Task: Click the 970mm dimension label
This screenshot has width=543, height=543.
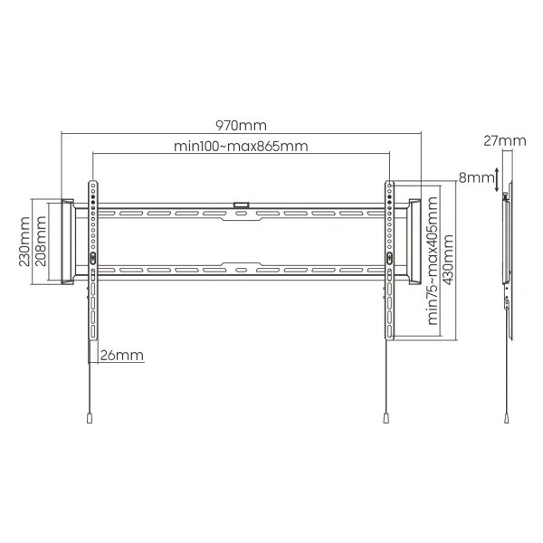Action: (x=241, y=126)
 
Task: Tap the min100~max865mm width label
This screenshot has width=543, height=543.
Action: (x=241, y=146)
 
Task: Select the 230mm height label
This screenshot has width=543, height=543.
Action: (x=24, y=242)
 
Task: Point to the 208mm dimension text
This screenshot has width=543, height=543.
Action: (x=41, y=241)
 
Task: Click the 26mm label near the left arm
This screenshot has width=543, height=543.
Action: (x=122, y=356)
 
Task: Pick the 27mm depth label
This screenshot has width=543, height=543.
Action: (x=505, y=141)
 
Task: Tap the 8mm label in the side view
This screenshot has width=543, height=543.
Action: (x=476, y=177)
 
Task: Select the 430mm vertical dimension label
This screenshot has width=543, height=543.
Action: (x=448, y=260)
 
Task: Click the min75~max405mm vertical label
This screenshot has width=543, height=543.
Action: (x=433, y=261)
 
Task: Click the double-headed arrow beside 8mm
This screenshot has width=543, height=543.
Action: (x=497, y=180)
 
